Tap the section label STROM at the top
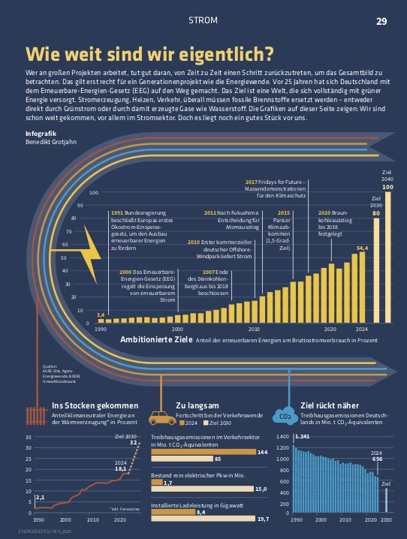tap(203, 20)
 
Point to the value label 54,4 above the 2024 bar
tap(362, 248)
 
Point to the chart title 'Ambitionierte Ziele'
tap(155, 339)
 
